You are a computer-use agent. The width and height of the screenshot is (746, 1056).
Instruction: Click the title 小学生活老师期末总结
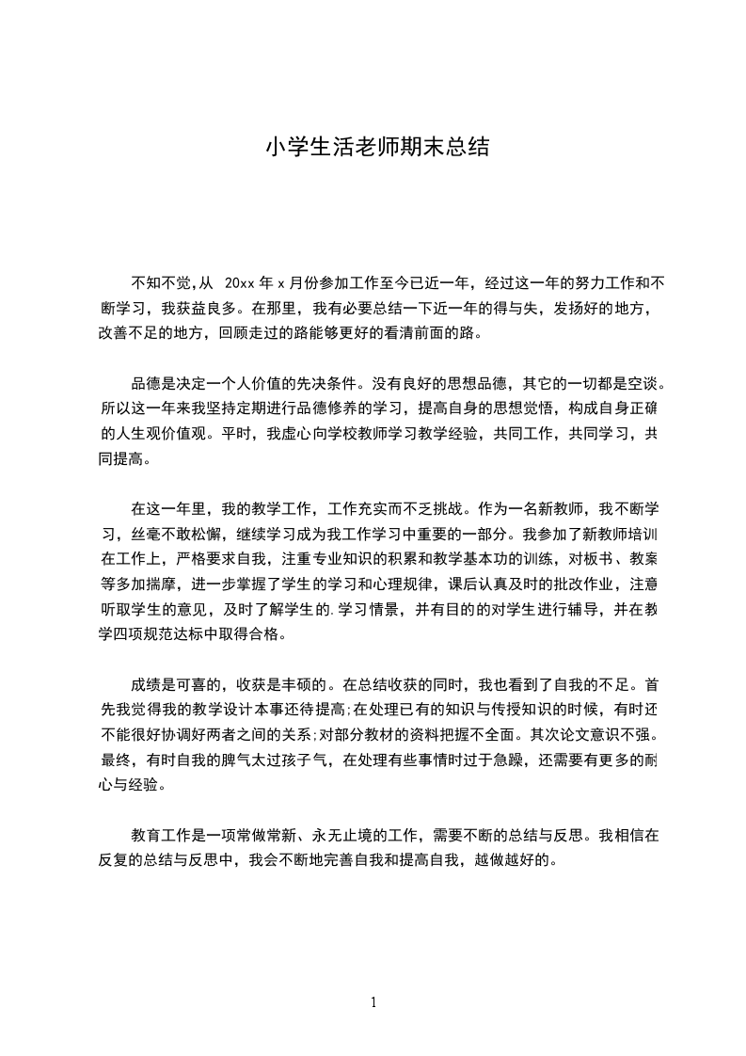click(373, 148)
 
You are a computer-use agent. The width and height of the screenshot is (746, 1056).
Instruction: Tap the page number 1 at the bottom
click(373, 1001)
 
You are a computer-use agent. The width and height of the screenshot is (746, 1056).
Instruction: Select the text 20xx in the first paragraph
click(242, 281)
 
